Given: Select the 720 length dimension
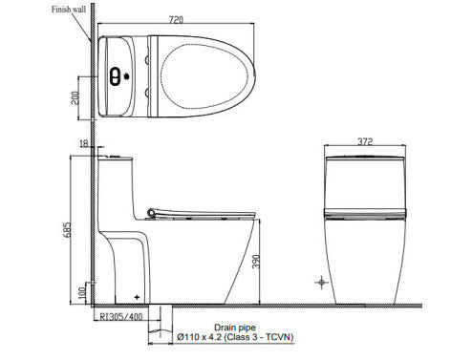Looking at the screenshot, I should coord(177,19).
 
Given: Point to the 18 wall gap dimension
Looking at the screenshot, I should coord(85,143).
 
